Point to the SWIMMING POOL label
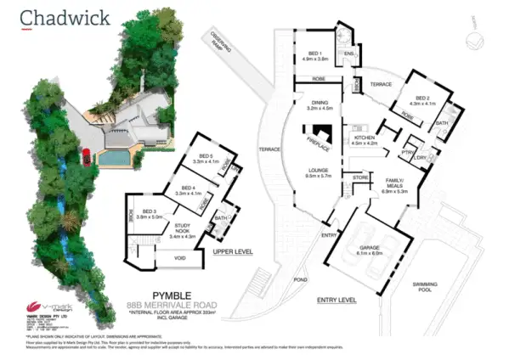click(x=449, y=286)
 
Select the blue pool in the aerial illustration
click(x=111, y=158)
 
